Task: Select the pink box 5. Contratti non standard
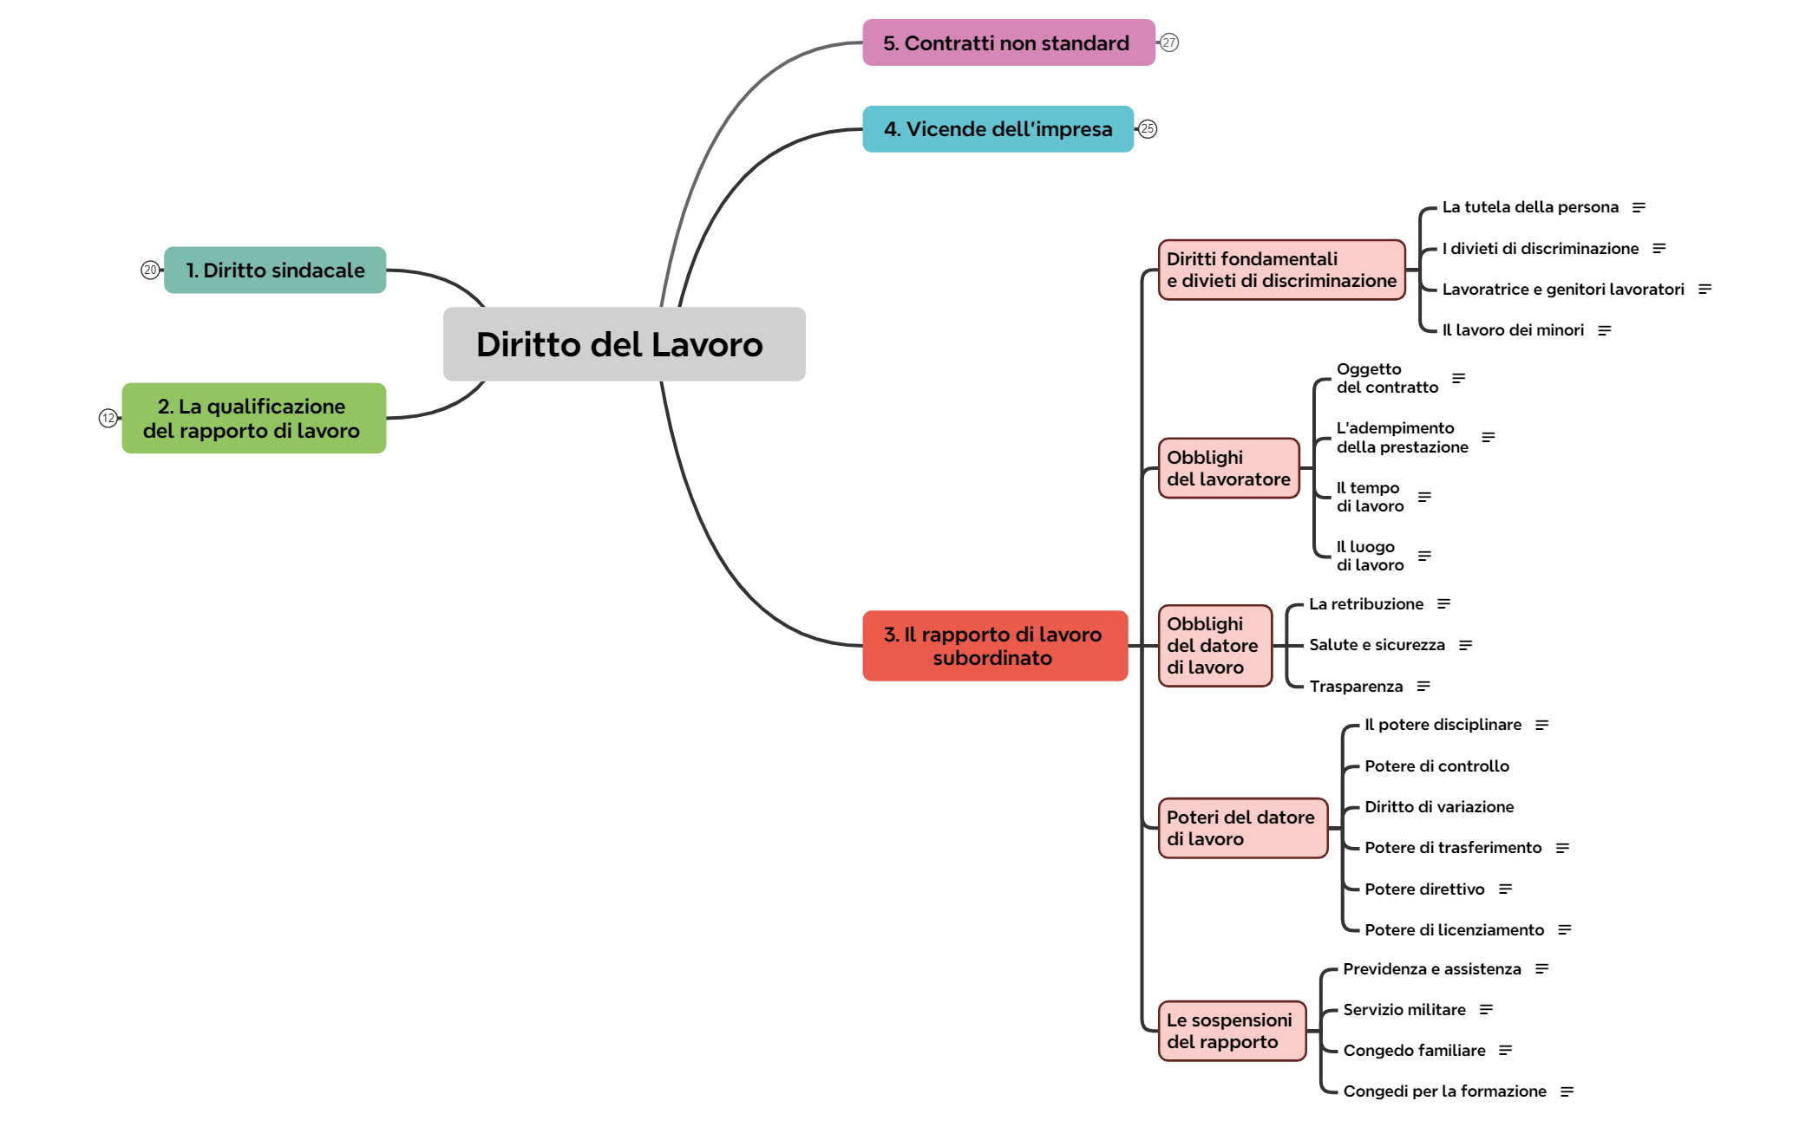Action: coord(1008,42)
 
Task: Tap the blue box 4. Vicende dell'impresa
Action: coord(998,129)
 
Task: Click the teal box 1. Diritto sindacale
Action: coord(275,270)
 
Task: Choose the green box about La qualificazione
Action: coord(253,418)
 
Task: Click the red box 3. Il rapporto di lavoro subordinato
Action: coord(994,646)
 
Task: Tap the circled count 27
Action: coord(1169,42)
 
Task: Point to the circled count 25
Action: coord(1148,129)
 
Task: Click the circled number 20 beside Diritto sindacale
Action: coord(150,270)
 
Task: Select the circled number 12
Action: coord(108,419)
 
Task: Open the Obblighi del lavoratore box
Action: coord(1228,468)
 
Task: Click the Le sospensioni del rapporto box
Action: coord(1231,1031)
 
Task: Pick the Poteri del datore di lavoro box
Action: coord(1242,828)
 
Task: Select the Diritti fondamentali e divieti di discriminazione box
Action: coord(1281,270)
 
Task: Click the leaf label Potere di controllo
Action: coord(1436,766)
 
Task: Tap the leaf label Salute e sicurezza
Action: coord(1377,645)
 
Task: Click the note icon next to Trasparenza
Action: coord(1423,687)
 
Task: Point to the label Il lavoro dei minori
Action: coord(1513,330)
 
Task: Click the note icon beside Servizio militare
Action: coord(1486,1010)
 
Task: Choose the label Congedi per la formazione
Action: coord(1444,1091)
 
